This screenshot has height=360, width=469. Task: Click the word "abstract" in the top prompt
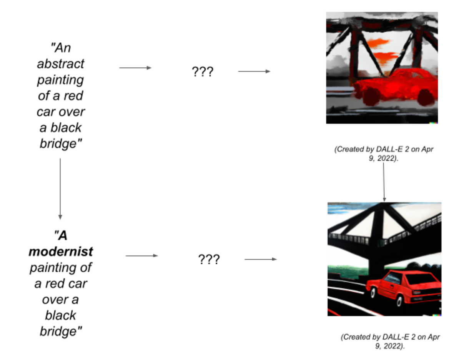(x=61, y=64)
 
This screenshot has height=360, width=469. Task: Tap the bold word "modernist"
(x=61, y=252)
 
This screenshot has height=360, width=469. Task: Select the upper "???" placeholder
(x=203, y=72)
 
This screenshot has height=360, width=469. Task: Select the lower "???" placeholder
(x=209, y=259)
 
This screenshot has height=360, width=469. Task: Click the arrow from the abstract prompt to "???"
(x=135, y=68)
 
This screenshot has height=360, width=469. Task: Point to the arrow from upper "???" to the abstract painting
(x=254, y=71)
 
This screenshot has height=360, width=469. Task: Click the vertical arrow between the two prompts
(x=60, y=189)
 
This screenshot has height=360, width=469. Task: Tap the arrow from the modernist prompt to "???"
(x=142, y=256)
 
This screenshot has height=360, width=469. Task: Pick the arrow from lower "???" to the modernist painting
(x=261, y=259)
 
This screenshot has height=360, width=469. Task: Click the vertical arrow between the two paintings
(x=384, y=182)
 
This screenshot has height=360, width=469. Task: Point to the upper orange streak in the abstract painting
(x=378, y=42)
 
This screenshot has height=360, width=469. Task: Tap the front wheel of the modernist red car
(x=373, y=292)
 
